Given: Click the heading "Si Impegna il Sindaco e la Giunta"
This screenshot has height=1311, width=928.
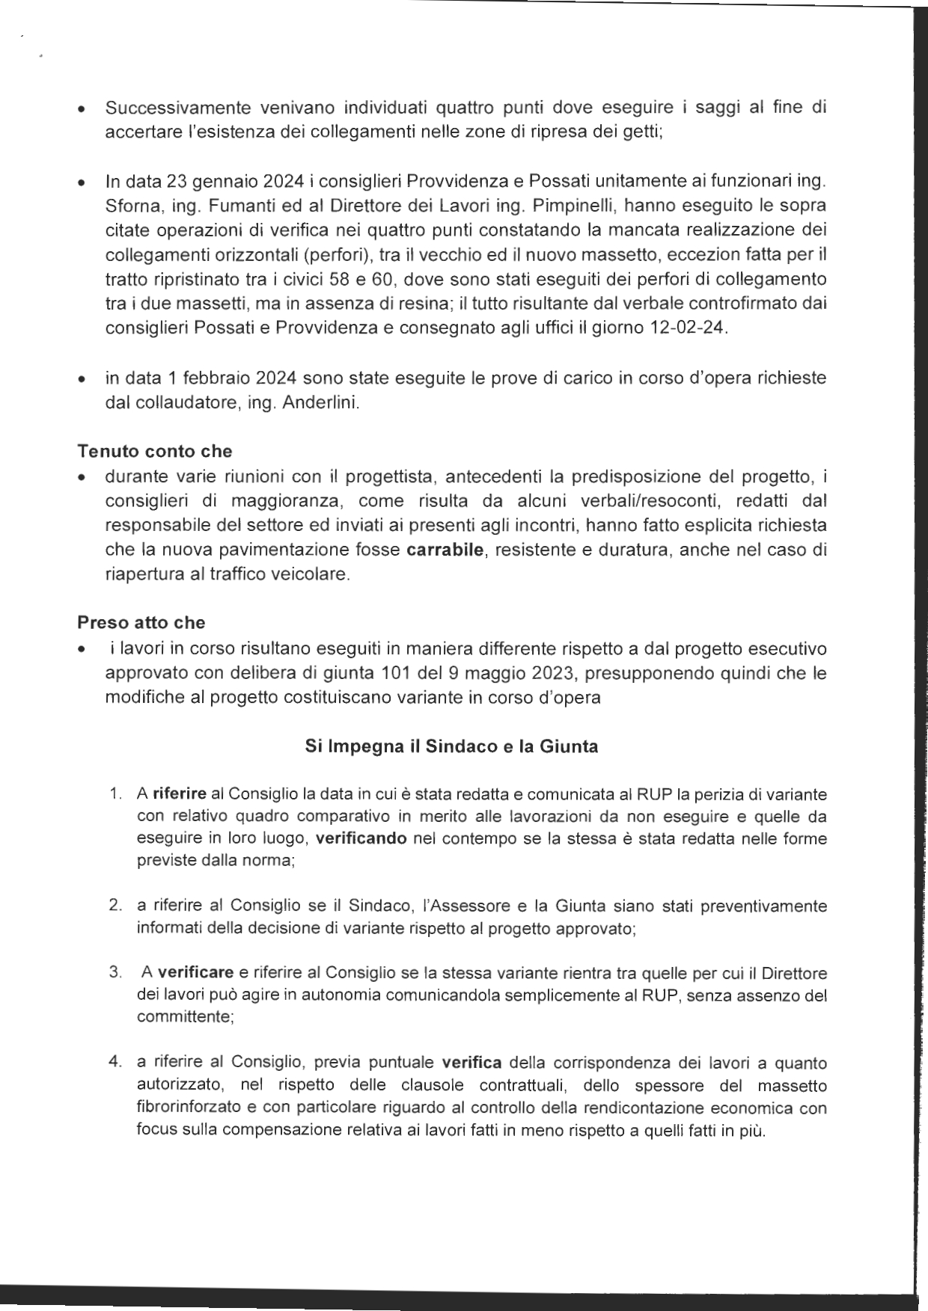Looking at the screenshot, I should coord(451,746).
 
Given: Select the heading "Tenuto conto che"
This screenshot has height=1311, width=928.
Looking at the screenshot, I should coord(154,451).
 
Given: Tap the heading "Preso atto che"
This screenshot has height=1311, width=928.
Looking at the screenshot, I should coord(141,622).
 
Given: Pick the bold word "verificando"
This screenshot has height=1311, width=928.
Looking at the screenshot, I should coord(361,838).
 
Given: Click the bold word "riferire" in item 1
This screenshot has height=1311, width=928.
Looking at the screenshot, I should coord(180,793).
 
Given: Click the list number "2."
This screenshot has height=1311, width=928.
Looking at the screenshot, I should coord(115,906).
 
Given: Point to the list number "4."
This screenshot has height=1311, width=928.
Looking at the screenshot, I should coord(115,1063).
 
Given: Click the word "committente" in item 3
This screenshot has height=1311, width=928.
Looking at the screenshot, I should coord(183,1018).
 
